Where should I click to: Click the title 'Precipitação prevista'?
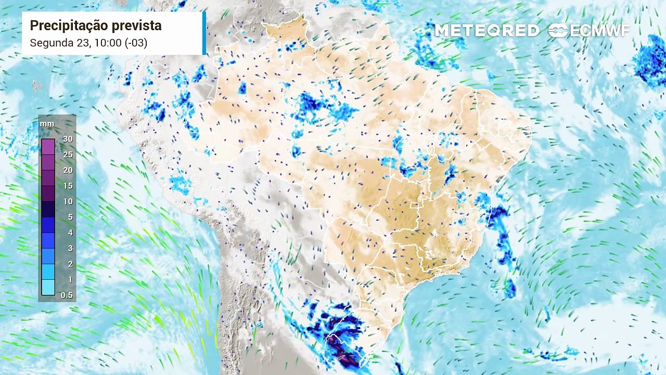tap(95, 26)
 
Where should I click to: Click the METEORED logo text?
tap(487, 31)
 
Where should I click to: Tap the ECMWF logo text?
tap(599, 31)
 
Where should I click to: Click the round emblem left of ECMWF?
tap(558, 31)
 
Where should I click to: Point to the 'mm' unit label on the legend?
tap(47, 124)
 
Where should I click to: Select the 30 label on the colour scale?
tap(68, 139)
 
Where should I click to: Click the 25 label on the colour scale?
tap(68, 155)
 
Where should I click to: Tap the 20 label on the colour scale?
tap(68, 170)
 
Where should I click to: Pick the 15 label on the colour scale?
tap(68, 186)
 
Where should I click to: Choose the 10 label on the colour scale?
tap(68, 202)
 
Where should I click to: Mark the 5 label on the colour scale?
tap(70, 217)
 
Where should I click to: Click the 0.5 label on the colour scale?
tap(67, 295)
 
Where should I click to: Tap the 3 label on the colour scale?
tap(70, 248)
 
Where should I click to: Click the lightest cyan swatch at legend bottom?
tap(48, 287)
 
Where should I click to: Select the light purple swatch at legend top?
tap(48, 147)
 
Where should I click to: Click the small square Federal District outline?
tap(415, 206)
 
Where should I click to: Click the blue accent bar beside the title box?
tap(204, 33)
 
